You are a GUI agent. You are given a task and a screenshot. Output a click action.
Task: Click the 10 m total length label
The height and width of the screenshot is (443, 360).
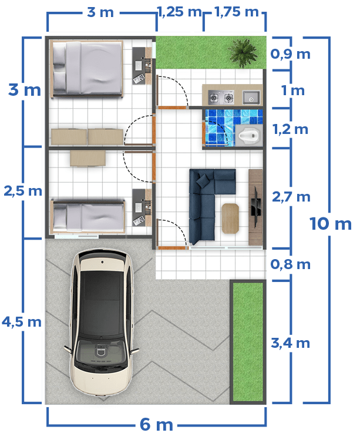[331, 224]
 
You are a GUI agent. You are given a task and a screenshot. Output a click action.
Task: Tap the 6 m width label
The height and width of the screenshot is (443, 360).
[156, 424]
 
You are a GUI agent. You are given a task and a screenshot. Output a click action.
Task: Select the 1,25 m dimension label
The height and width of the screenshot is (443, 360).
[179, 12]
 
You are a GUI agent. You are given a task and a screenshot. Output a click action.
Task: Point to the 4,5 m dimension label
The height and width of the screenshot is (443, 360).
[22, 322]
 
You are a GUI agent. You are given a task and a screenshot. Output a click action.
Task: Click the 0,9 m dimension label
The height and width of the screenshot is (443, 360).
[290, 54]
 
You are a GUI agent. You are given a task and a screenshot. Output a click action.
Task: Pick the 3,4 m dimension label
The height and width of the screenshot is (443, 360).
[290, 343]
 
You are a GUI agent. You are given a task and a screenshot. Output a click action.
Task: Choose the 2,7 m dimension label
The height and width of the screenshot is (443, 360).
[291, 197]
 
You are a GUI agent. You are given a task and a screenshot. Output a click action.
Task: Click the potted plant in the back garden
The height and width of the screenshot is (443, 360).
[243, 52]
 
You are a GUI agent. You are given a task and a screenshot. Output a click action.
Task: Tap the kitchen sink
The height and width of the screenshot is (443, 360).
[251, 98]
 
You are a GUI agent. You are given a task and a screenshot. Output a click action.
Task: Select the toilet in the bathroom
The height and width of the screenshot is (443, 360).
[249, 135]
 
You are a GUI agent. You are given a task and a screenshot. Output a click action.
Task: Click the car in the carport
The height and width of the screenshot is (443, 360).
[102, 322]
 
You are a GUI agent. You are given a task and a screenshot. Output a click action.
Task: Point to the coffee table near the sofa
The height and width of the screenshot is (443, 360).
[230, 219]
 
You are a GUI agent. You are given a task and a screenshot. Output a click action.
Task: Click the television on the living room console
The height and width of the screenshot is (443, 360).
[257, 206]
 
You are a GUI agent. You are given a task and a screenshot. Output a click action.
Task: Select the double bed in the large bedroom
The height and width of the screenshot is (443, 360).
[87, 69]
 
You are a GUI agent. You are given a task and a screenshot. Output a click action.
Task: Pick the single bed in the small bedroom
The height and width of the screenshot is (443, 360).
[88, 216]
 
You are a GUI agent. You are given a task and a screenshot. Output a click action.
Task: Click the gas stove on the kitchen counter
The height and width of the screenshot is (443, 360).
[221, 98]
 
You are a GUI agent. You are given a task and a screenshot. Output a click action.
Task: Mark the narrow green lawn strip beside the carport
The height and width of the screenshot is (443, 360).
[248, 342]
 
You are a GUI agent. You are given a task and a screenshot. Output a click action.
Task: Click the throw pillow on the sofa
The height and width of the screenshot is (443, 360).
[203, 180]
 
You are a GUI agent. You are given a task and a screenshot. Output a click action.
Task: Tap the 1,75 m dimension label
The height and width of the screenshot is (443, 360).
[237, 12]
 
